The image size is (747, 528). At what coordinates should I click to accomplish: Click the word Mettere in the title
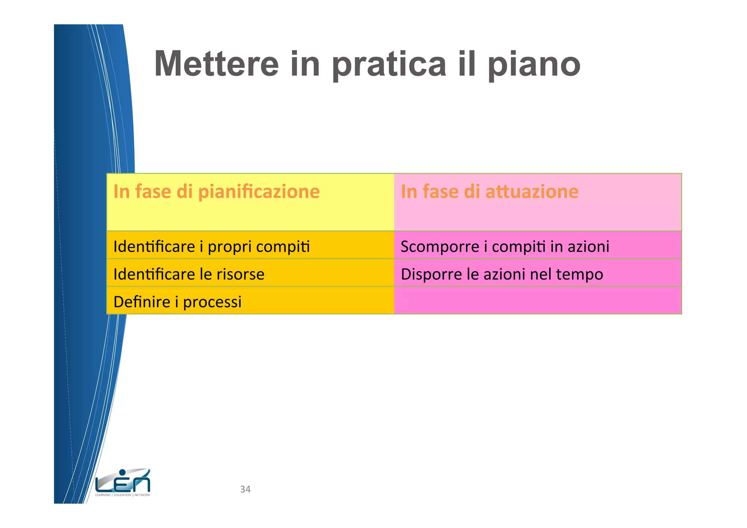pos(216,64)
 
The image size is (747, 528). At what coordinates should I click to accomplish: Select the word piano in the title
pos(534,64)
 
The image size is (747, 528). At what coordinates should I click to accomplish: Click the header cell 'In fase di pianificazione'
pos(250,202)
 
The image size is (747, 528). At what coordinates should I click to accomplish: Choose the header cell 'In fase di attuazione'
pos(538,202)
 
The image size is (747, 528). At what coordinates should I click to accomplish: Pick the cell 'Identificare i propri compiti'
pos(250,245)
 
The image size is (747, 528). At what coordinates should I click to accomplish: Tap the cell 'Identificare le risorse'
pos(250,273)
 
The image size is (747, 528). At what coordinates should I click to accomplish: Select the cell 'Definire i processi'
pos(250,301)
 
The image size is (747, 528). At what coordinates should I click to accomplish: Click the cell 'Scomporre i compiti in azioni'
pos(538,245)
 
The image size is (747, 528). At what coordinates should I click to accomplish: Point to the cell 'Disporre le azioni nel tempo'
pos(538,273)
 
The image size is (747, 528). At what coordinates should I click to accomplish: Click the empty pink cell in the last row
pos(538,301)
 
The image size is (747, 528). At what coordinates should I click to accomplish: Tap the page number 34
pos(245,489)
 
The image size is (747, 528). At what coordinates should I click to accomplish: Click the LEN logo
pos(123,481)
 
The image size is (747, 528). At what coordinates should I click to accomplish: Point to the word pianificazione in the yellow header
pos(259,192)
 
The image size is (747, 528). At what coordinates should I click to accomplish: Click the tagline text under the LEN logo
pos(123,495)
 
